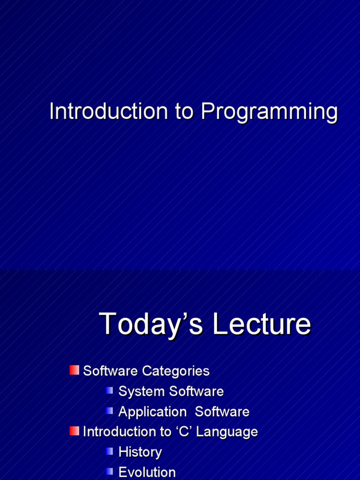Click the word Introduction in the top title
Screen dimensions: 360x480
coord(109,111)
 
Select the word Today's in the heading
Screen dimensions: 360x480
coord(150,324)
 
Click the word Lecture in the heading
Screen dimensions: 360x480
coord(262,324)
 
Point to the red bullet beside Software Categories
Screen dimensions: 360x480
coord(74,370)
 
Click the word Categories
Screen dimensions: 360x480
coord(176,371)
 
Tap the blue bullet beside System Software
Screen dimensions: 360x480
coord(109,390)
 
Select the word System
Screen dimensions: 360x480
coord(142,391)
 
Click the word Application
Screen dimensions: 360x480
coord(152,412)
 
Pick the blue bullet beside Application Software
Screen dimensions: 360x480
coord(109,411)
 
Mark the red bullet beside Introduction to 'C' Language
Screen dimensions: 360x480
coord(74,431)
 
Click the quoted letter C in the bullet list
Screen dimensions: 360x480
coord(183,432)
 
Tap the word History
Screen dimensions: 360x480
coord(140,452)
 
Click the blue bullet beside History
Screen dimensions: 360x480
coord(109,451)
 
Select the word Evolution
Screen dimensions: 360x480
coord(147,472)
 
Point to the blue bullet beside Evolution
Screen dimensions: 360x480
coord(109,472)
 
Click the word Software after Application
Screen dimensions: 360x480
coord(222,412)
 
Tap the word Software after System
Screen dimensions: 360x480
coord(196,391)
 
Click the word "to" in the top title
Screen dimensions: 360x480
coord(184,111)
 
